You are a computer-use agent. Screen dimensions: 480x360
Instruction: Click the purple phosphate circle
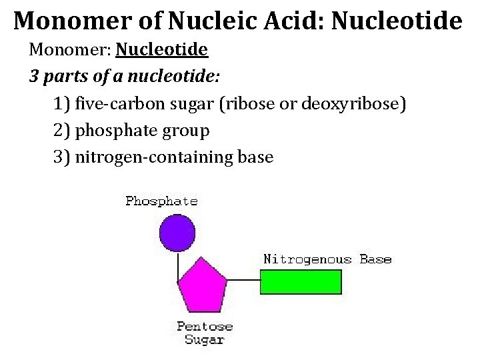pos(177,233)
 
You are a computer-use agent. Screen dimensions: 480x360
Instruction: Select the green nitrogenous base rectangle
pos(298,281)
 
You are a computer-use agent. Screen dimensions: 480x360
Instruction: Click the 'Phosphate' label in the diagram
pos(161,201)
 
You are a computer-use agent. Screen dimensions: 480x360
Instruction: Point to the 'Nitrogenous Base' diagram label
pos(327,259)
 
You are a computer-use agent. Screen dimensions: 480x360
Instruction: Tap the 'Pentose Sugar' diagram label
pos(205,333)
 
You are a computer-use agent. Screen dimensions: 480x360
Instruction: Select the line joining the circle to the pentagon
pos(178,263)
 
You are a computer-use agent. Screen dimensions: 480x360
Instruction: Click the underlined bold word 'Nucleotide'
pos(162,50)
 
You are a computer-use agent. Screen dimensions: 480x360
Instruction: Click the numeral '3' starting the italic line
pos(34,77)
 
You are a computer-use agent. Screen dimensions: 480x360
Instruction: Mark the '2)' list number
pos(61,131)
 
